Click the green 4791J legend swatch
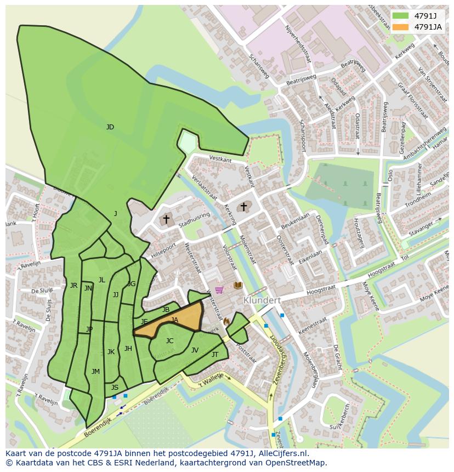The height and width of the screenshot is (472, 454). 401,15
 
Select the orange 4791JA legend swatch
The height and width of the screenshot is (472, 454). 401,27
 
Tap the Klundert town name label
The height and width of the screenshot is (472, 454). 262,300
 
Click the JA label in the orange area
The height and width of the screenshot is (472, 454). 174,320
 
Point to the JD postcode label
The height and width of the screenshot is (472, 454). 110,127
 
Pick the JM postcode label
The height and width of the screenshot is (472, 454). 95,372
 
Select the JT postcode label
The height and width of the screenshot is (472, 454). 215,355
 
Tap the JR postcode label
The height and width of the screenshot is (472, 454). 73,286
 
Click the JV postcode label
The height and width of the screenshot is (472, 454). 195,350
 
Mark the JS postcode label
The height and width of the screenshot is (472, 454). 115,388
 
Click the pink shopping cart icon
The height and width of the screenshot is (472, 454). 219,289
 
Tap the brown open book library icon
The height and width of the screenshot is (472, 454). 238,286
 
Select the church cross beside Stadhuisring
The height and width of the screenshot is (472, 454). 166,219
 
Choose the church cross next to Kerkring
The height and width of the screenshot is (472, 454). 243,207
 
